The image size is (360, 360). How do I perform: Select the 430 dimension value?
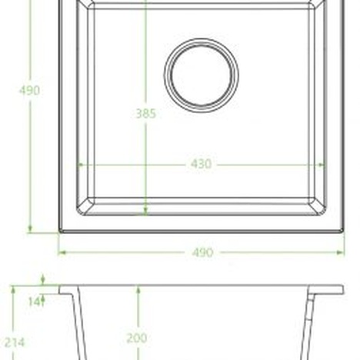(x=202, y=164)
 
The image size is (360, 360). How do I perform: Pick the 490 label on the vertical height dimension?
(x=29, y=90)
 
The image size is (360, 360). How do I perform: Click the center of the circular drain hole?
(x=201, y=75)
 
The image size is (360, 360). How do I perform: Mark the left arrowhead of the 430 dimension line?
(x=79, y=164)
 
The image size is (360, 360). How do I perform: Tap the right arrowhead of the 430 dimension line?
(x=323, y=164)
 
